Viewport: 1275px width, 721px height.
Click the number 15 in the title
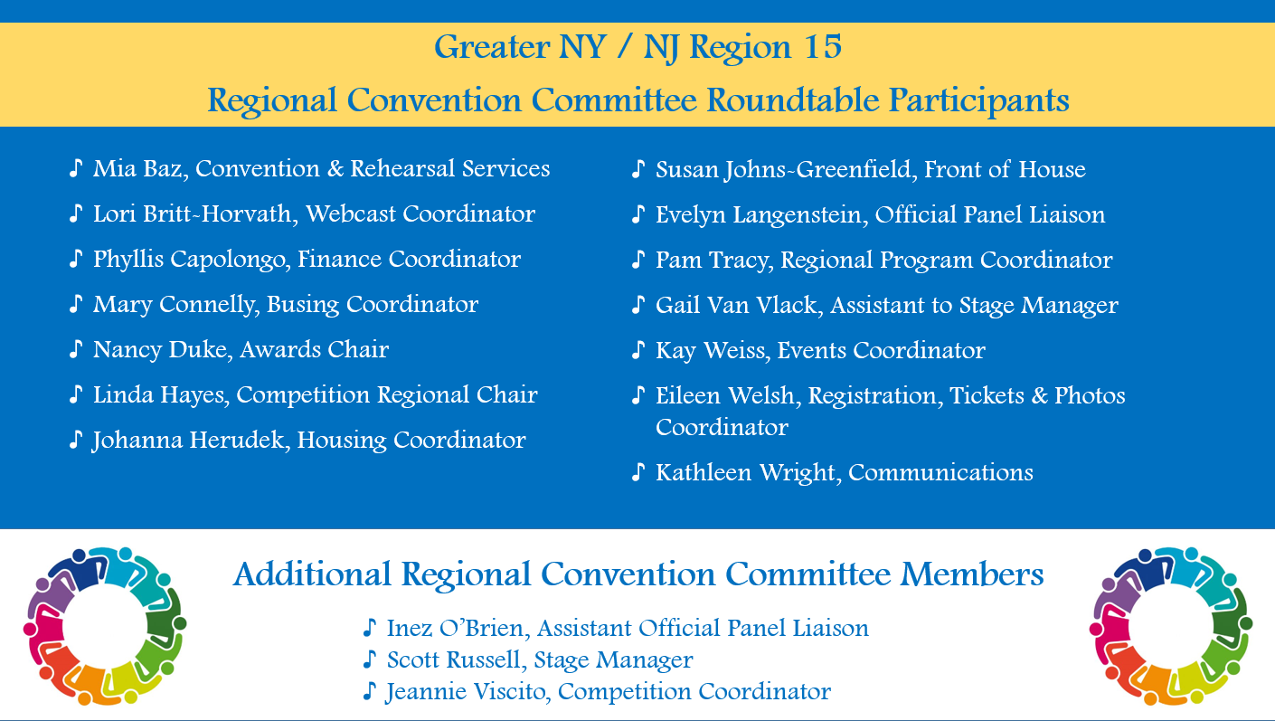(823, 47)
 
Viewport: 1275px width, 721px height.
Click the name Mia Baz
(140, 168)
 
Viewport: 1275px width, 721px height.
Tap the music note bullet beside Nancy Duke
(76, 349)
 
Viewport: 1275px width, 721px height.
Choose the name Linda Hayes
(161, 395)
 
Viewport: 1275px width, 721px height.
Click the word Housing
(342, 441)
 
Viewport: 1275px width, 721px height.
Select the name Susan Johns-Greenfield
(786, 170)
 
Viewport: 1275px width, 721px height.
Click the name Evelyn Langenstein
(761, 215)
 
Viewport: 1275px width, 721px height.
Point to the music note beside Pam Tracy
(638, 260)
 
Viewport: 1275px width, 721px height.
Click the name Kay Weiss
(713, 351)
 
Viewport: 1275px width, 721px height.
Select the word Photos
(1090, 395)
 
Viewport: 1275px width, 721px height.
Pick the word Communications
(941, 473)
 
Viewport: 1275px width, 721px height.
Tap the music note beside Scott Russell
(370, 659)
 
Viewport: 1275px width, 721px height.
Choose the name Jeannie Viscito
(467, 692)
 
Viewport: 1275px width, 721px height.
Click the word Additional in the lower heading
(312, 574)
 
